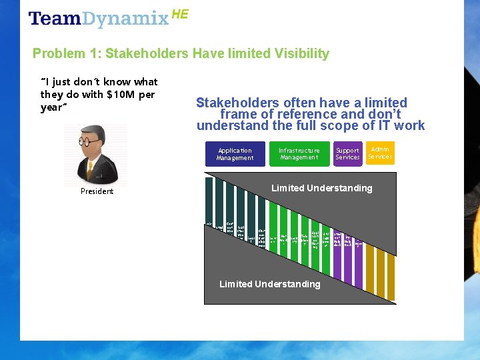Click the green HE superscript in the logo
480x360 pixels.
tap(180, 13)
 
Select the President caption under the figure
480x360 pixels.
tap(97, 191)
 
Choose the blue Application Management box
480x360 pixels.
tap(235, 154)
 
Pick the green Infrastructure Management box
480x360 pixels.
tap(299, 154)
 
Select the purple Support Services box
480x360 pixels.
tap(347, 154)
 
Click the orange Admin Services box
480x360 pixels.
tap(380, 153)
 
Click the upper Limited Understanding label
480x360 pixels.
tap(321, 188)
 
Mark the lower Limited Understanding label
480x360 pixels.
tap(269, 284)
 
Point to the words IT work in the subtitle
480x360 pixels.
tap(404, 125)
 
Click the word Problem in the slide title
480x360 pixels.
tap(56, 53)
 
